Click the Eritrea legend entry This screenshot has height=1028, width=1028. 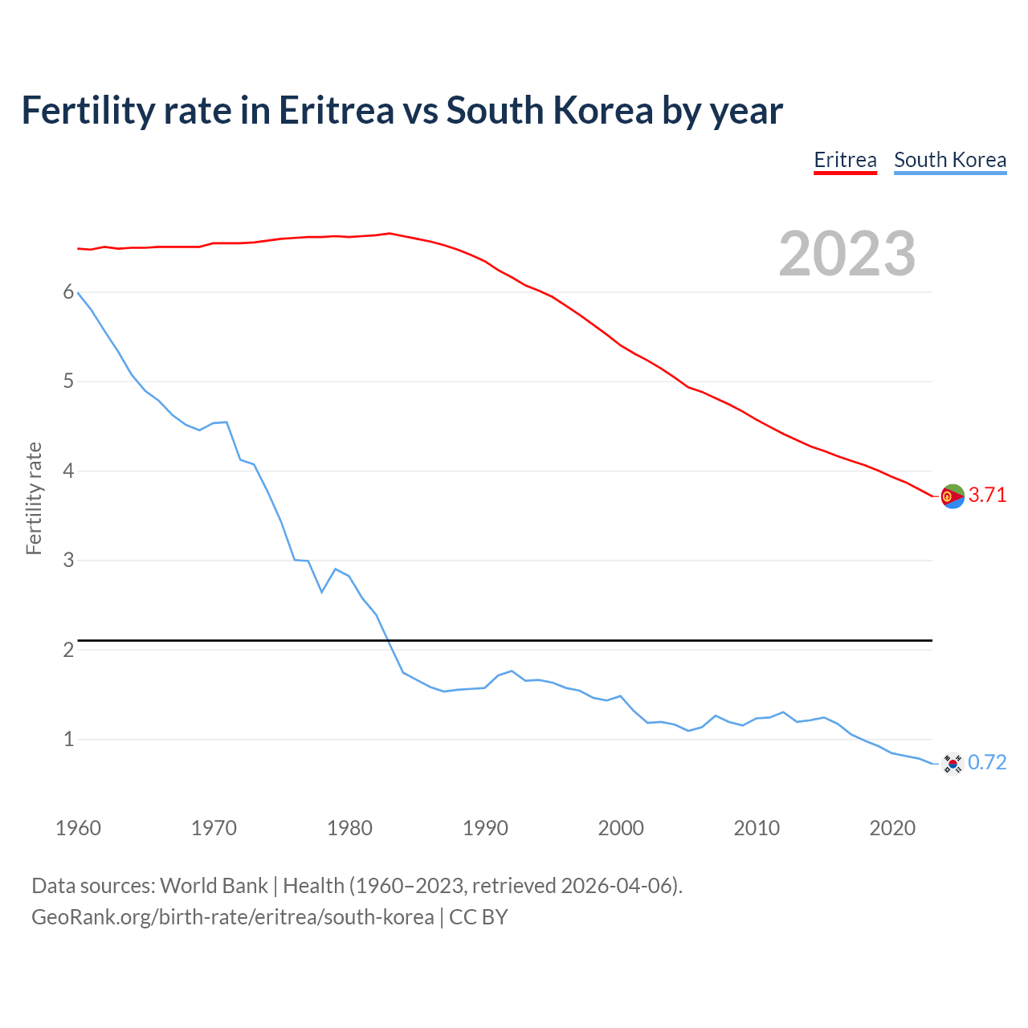click(845, 160)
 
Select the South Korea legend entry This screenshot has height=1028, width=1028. click(950, 160)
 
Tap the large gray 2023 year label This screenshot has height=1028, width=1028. click(847, 254)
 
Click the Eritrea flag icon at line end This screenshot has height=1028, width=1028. click(952, 496)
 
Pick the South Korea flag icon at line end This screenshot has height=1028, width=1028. click(952, 763)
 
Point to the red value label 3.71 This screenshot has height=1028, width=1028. click(987, 496)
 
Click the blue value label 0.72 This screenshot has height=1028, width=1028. click(987, 763)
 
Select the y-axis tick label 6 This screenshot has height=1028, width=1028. click(68, 292)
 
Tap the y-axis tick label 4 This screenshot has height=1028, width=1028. click(68, 471)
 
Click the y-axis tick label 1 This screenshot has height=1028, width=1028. click(68, 739)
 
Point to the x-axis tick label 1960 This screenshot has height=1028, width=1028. click(78, 828)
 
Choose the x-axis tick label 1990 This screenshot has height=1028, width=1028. click(485, 828)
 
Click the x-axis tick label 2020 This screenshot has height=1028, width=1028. click(892, 828)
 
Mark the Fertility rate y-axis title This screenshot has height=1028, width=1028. click(34, 498)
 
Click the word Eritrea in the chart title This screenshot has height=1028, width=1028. click(337, 111)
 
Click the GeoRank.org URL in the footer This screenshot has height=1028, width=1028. click(232, 917)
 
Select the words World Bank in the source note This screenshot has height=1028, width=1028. click(214, 886)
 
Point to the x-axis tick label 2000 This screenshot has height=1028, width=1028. click(621, 828)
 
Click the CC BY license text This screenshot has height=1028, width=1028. click(479, 917)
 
